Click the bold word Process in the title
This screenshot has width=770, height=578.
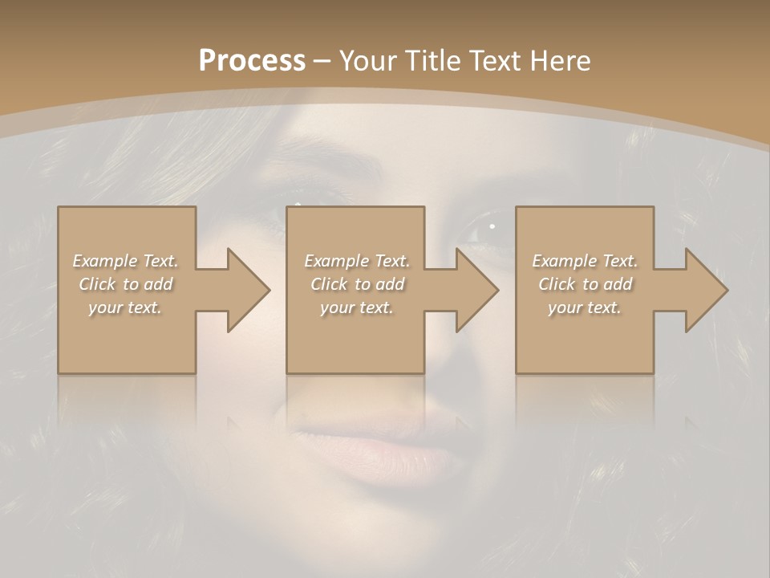tap(252, 60)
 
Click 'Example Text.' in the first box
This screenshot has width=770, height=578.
tap(125, 261)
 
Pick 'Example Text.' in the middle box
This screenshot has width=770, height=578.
tap(357, 261)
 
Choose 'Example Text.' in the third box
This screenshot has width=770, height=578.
tap(585, 261)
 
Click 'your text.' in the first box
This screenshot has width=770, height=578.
tap(125, 307)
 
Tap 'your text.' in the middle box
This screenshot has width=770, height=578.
tap(357, 307)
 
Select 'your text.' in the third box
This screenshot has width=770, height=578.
tap(585, 307)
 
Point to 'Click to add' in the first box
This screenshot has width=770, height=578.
tap(125, 284)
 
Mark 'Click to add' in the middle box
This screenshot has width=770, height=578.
tap(357, 284)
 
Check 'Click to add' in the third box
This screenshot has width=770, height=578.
tap(585, 284)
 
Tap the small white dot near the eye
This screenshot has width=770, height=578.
tap(492, 227)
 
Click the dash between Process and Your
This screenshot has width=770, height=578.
tap(322, 61)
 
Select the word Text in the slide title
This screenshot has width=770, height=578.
tap(499, 60)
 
